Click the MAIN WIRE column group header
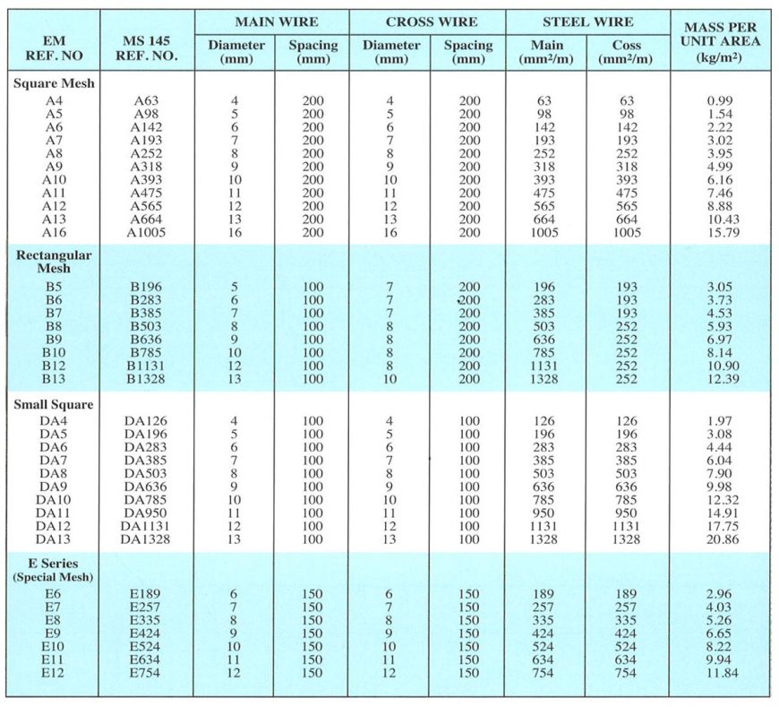pos(271,22)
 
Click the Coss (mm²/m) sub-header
pos(627,53)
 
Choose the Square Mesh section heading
pos(53,83)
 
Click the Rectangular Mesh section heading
pos(53,261)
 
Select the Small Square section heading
pos(53,405)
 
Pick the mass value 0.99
pos(719,101)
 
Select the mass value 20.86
pos(719,539)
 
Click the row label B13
pos(53,380)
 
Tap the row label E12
pos(53,672)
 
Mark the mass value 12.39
pos(719,380)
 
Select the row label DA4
pos(53,421)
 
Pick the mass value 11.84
pos(719,672)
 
